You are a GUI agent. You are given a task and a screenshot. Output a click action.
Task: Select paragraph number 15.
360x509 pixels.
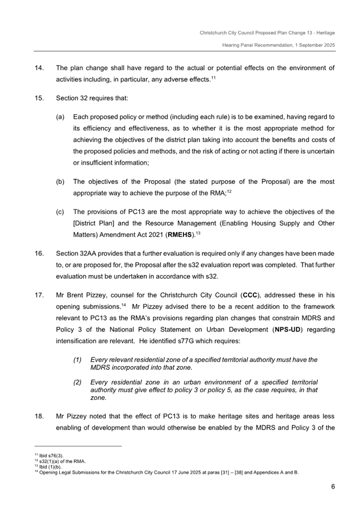click(38, 98)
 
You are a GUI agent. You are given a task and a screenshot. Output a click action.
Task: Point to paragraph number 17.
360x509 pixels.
click(38, 295)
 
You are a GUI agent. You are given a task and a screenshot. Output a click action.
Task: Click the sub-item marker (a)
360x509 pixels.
click(60, 117)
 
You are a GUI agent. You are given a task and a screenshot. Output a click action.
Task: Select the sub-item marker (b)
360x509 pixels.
click(60, 181)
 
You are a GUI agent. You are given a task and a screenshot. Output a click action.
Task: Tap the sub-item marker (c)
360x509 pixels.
click(60, 212)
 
